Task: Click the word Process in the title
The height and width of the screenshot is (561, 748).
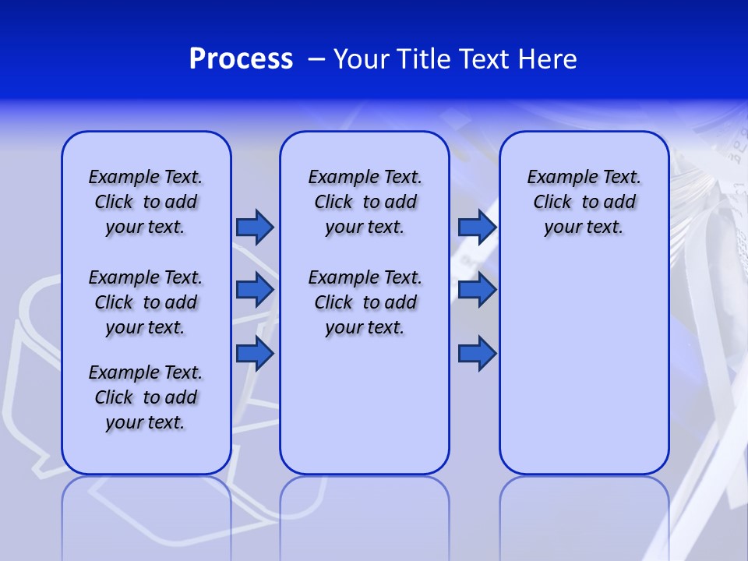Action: pos(241,59)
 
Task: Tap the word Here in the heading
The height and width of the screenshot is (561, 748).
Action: pos(549,59)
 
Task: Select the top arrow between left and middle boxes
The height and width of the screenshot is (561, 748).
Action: pos(255,227)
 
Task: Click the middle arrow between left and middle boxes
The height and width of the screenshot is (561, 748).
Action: pos(255,290)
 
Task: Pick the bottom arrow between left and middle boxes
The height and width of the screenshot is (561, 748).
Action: pos(255,354)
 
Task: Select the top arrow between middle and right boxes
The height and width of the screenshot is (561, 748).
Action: pos(477,227)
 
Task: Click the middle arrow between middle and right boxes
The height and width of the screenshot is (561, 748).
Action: pos(477,290)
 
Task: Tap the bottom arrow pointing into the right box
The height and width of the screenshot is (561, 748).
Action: pos(477,354)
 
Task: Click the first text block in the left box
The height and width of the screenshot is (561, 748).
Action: pos(146,202)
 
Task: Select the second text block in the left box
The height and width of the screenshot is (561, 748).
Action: pos(146,302)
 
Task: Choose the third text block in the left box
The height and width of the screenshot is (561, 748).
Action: pos(146,397)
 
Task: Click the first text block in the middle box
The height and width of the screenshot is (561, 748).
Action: pos(365,202)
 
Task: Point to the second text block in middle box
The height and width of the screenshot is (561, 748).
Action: pos(365,302)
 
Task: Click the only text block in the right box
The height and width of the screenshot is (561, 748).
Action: pos(584,202)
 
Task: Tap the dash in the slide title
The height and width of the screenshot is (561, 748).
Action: pos(316,60)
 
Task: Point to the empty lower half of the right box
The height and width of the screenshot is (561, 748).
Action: pos(584,374)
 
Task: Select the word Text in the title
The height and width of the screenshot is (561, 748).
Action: pos(487,59)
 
